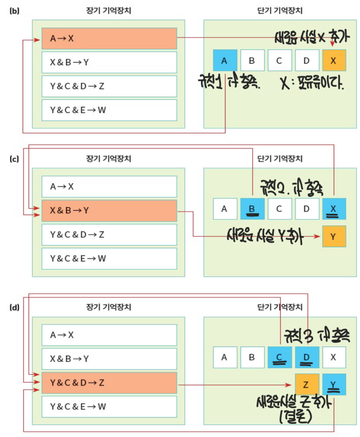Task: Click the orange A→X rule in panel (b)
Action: pyautogui.click(x=109, y=39)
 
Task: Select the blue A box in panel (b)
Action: pyautogui.click(x=225, y=61)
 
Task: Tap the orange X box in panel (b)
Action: pyautogui.click(x=334, y=61)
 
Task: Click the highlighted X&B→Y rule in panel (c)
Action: pyautogui.click(x=109, y=211)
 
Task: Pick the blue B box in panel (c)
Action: pyautogui.click(x=252, y=209)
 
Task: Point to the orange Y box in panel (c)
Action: pyautogui.click(x=334, y=236)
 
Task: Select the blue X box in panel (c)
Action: pyautogui.click(x=334, y=209)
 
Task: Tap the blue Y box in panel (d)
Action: pyautogui.click(x=334, y=385)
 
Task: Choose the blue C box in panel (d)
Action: pyautogui.click(x=280, y=357)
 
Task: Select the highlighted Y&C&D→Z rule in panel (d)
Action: pyautogui.click(x=109, y=383)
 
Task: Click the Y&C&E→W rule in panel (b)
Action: pyautogui.click(x=109, y=110)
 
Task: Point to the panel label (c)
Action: pyautogui.click(x=14, y=159)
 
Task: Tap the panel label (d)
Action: pyautogui.click(x=14, y=307)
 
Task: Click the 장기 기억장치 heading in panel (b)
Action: pyautogui.click(x=109, y=11)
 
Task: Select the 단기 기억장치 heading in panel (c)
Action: pyautogui.click(x=280, y=159)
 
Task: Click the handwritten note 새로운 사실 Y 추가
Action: pyautogui.click(x=265, y=236)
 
